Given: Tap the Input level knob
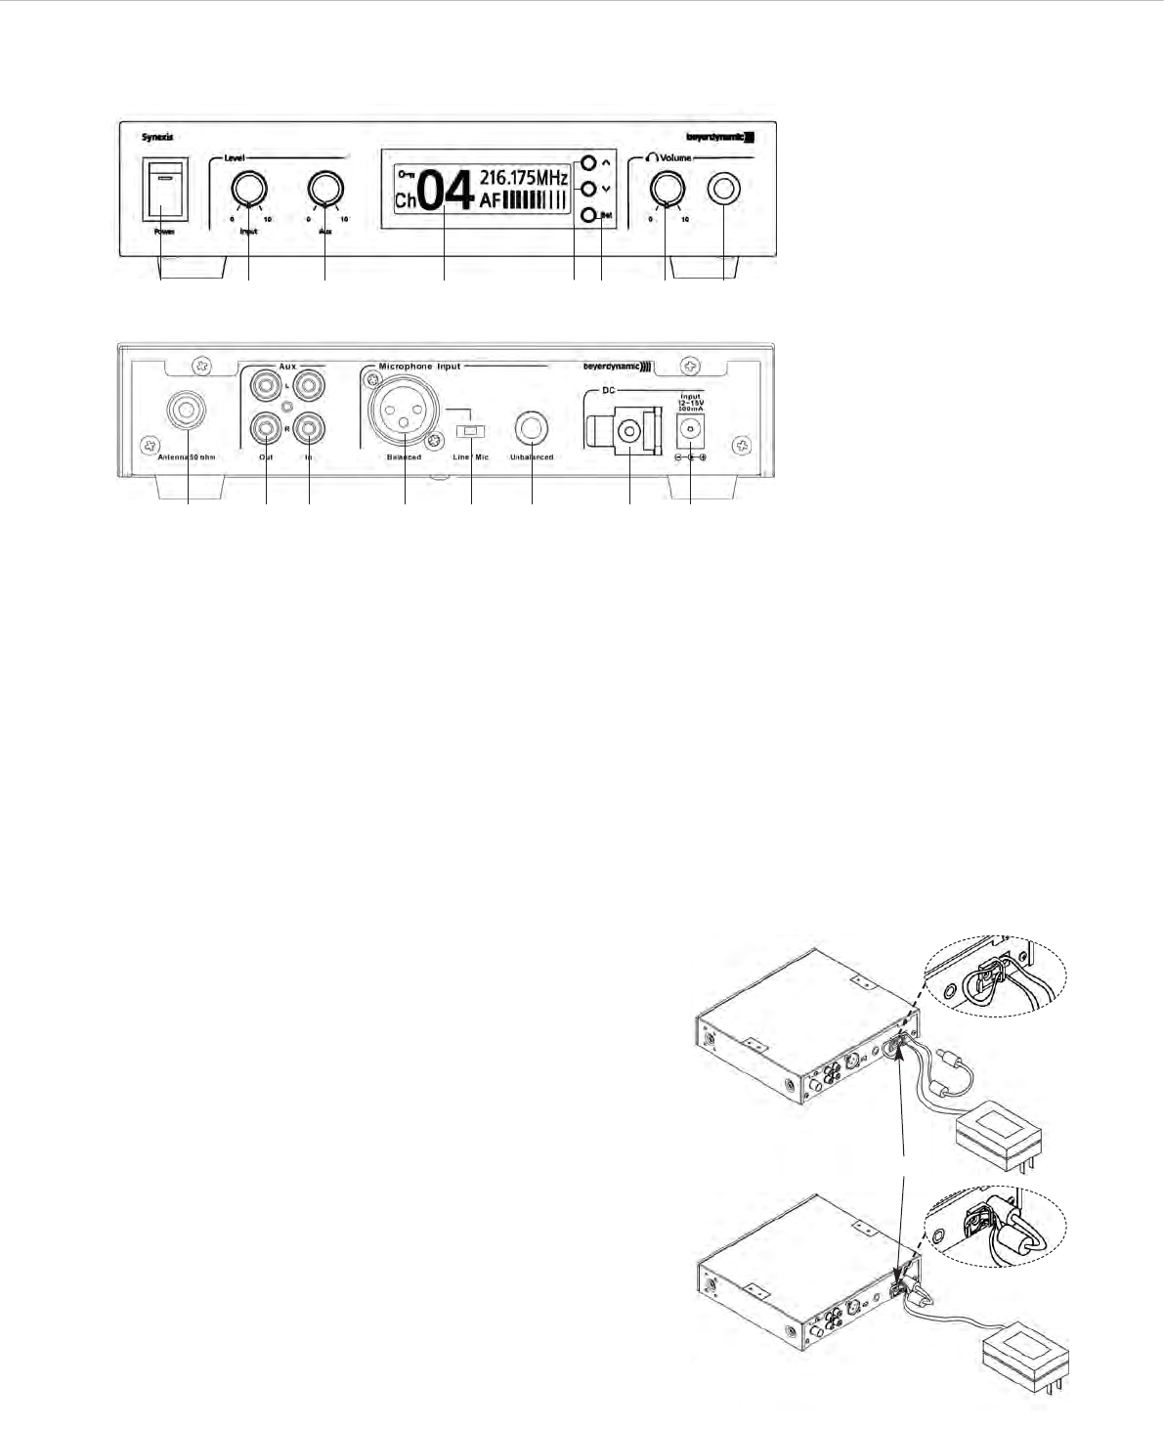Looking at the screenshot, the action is (249, 189).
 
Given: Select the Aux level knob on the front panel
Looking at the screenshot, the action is (324, 189).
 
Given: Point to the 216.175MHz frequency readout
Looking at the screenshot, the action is (524, 178).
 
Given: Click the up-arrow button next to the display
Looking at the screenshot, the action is (588, 163).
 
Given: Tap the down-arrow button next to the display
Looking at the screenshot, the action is (588, 189).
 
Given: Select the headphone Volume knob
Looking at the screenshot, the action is (667, 188).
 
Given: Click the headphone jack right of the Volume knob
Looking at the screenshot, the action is (724, 189).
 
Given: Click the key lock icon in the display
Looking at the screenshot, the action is (406, 174).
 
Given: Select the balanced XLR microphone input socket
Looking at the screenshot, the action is (404, 416).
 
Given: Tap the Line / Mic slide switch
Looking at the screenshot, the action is (471, 431).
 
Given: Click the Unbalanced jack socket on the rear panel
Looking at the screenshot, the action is (532, 427).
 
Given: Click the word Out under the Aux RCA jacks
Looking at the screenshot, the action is (266, 456).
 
